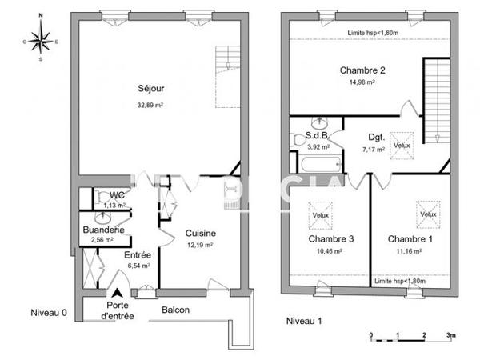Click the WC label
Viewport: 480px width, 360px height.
tap(117, 195)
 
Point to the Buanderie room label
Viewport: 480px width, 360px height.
tap(102, 230)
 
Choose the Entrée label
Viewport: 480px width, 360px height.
tap(138, 255)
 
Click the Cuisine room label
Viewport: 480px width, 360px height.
tap(200, 234)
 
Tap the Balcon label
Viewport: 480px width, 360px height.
tap(175, 310)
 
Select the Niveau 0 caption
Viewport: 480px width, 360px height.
tap(49, 312)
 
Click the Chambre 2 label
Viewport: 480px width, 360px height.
tap(362, 70)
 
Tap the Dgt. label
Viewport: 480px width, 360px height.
tap(377, 137)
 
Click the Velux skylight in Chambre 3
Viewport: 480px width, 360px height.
tap(320, 215)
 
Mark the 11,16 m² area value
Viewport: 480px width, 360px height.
tap(409, 251)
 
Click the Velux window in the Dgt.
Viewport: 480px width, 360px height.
tap(402, 146)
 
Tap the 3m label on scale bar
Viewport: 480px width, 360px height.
tap(450, 335)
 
